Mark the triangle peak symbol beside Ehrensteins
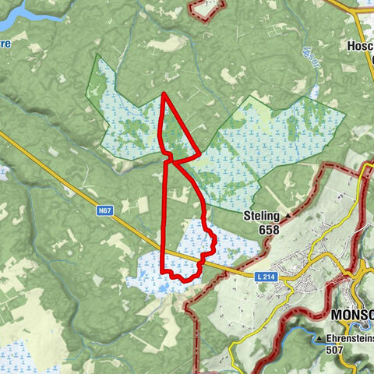[x=320, y=340]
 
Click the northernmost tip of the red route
[x=164, y=94]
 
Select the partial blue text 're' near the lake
[x=5, y=45]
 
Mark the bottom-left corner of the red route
[x=162, y=270]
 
